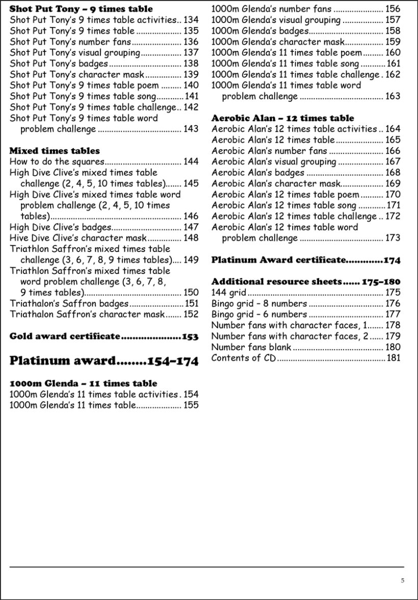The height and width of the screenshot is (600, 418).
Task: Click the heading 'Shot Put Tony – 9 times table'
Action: pyautogui.click(x=81, y=9)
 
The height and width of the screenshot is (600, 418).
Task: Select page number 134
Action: pyautogui.click(x=191, y=20)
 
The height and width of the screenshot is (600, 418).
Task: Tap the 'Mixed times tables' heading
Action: pyautogui.click(x=55, y=151)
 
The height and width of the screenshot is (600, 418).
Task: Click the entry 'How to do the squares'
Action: pyautogui.click(x=57, y=162)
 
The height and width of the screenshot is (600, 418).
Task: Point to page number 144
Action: pyautogui.click(x=191, y=162)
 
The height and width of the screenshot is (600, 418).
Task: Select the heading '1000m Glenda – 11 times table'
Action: pyautogui.click(x=83, y=383)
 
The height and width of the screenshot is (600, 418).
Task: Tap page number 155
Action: pyautogui.click(x=191, y=405)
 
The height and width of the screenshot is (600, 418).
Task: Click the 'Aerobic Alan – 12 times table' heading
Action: pyautogui.click(x=282, y=118)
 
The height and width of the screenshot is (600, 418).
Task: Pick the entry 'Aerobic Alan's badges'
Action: pyautogui.click(x=257, y=172)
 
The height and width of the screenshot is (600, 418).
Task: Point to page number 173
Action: pyautogui.click(x=393, y=238)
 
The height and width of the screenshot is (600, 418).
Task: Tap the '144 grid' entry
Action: pyautogui.click(x=228, y=292)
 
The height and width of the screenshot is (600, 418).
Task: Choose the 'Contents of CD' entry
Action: pyautogui.click(x=243, y=358)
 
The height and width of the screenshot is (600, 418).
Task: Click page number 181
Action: pyautogui.click(x=394, y=358)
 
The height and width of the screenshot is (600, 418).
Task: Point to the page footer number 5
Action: pyautogui.click(x=402, y=580)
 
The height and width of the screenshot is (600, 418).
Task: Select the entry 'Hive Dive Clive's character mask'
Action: pyautogui.click(x=78, y=238)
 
